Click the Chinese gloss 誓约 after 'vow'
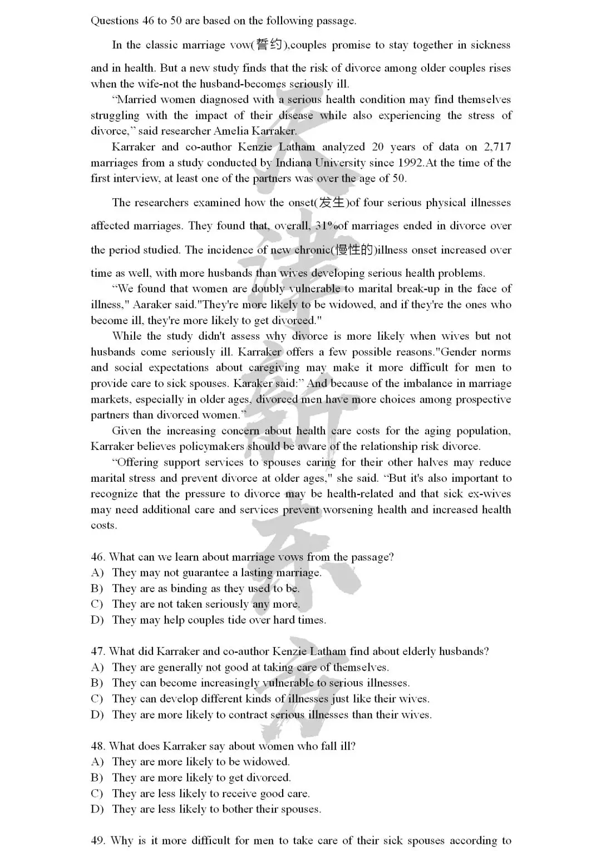(270, 45)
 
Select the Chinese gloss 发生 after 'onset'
(332, 202)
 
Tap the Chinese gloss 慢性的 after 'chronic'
(353, 250)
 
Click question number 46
(98, 557)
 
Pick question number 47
(98, 651)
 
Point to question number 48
(98, 746)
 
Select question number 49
(98, 840)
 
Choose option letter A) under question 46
(97, 573)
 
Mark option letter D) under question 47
(97, 715)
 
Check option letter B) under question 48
(97, 777)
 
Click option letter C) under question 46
(97, 604)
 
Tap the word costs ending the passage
(104, 526)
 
